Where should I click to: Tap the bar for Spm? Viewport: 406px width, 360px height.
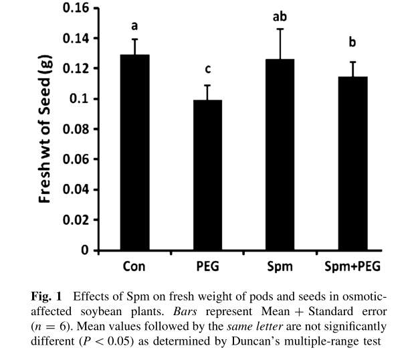coord(280,155)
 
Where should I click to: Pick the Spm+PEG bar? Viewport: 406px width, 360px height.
coord(352,163)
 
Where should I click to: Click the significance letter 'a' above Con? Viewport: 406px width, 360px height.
coord(134,27)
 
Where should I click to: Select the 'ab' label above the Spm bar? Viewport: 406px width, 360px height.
coord(280,16)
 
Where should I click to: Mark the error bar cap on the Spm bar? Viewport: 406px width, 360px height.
coord(280,29)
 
